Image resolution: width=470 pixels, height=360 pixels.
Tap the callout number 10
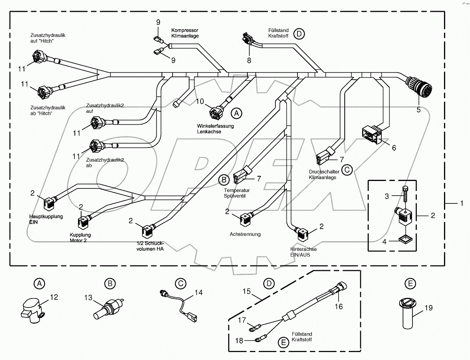pyautogui.click(x=201, y=102)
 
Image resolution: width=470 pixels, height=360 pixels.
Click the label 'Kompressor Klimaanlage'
pyautogui.click(x=185, y=33)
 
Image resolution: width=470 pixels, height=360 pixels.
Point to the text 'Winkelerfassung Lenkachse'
pyautogui.click(x=215, y=129)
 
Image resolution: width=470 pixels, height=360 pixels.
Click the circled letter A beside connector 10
pyautogui.click(x=236, y=113)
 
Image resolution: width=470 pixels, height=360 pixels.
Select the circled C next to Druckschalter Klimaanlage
pyautogui.click(x=347, y=170)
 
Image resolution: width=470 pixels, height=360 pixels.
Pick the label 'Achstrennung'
pyautogui.click(x=245, y=234)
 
